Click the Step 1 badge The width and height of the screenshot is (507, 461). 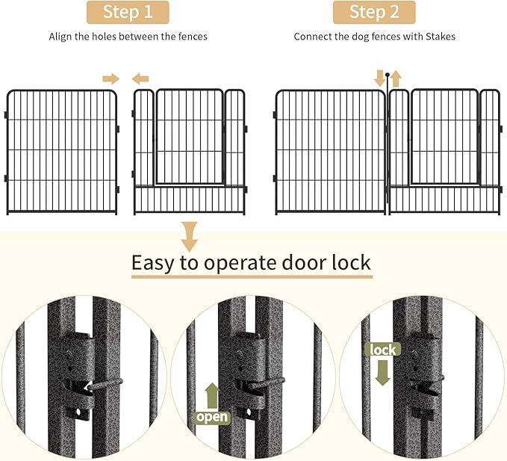tap(127, 13)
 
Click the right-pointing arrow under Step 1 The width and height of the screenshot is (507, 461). tap(111, 78)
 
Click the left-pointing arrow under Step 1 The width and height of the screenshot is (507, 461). tap(140, 78)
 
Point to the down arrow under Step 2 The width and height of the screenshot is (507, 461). tap(380, 78)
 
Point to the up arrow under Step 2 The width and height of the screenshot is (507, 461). tap(396, 78)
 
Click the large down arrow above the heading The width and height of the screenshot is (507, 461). tap(190, 235)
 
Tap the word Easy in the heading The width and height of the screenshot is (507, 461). tap(154, 263)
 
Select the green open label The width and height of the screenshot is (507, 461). tap(213, 416)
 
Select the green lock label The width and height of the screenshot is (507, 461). tap(382, 350)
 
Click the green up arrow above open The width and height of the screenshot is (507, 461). tap(213, 394)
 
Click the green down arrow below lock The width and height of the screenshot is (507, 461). tap(382, 371)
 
